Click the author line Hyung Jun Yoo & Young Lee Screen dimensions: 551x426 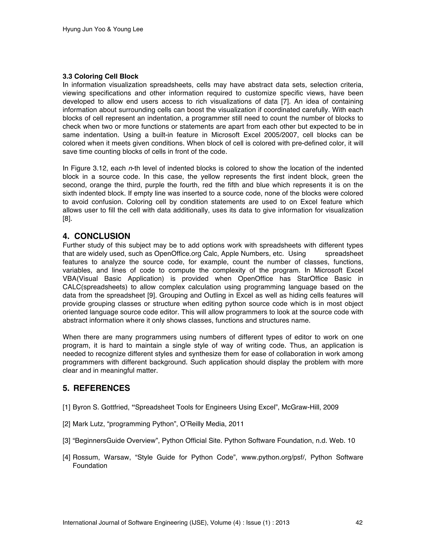[x=103, y=29]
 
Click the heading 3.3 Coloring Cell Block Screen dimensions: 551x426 [x=100, y=77]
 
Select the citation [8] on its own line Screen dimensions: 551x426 [x=67, y=219]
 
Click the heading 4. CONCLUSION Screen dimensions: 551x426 [x=96, y=236]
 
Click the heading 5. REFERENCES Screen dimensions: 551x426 [x=96, y=388]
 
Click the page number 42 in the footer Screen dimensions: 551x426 [x=359, y=523]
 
